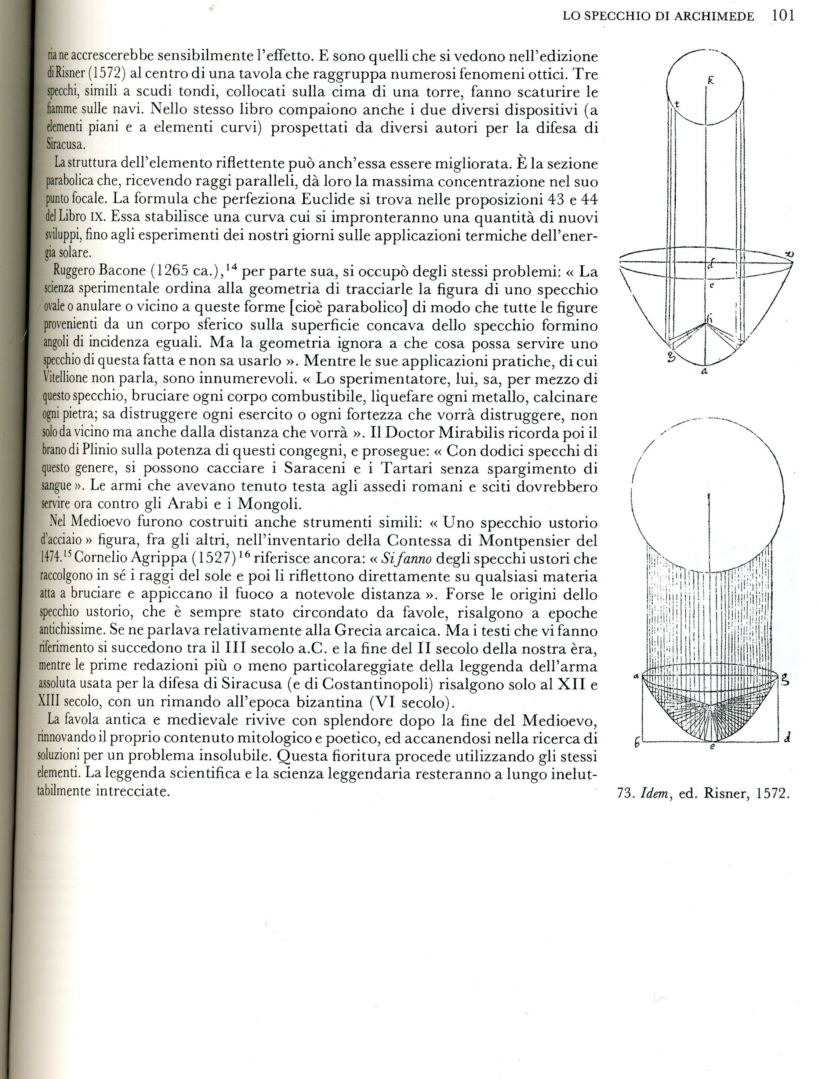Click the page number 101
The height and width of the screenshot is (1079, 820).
click(x=783, y=16)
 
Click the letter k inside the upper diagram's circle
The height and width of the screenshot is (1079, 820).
click(x=711, y=83)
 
